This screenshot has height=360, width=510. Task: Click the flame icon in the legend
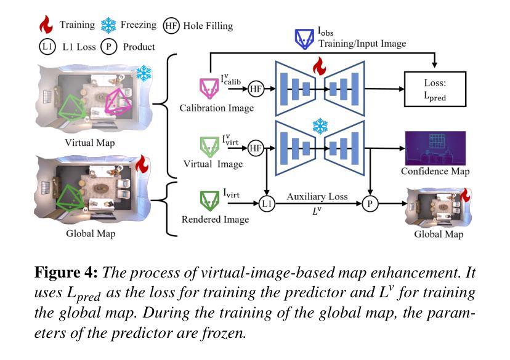pyautogui.click(x=46, y=25)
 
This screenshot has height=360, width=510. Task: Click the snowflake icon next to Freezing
pyautogui.click(x=108, y=25)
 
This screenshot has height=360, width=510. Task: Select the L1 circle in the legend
pyautogui.click(x=47, y=47)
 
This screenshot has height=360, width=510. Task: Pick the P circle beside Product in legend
pyautogui.click(x=109, y=47)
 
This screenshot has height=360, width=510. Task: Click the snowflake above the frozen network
pyautogui.click(x=319, y=126)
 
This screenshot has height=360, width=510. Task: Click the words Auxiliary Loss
pyautogui.click(x=317, y=196)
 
